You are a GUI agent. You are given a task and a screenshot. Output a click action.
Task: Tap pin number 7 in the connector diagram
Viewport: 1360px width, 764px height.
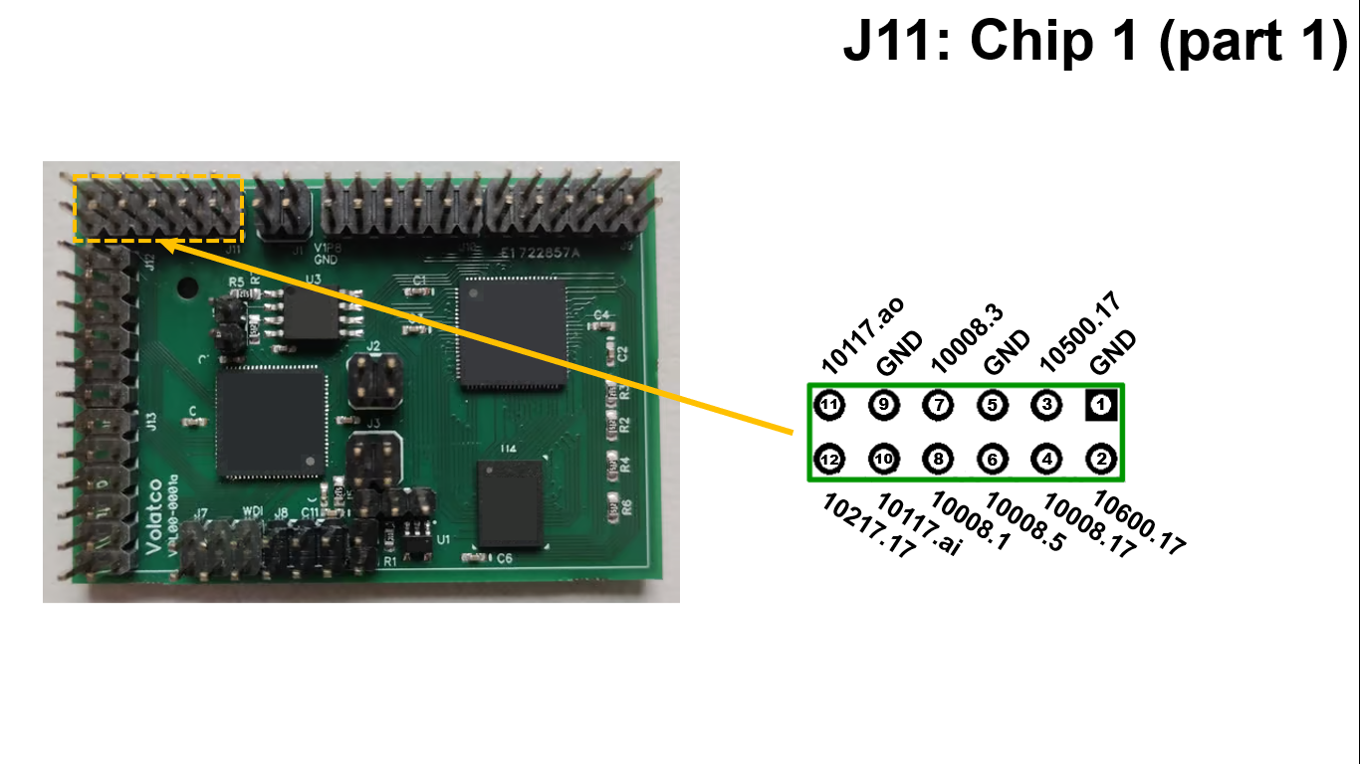click(x=938, y=406)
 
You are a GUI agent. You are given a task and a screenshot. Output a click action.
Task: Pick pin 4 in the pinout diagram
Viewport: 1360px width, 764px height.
click(x=1047, y=460)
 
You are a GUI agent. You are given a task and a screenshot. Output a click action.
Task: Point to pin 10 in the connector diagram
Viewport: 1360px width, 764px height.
click(x=884, y=460)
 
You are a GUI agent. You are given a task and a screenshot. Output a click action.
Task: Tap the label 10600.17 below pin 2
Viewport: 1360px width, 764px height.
click(x=1139, y=522)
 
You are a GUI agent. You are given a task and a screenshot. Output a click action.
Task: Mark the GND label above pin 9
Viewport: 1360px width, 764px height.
click(x=901, y=353)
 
